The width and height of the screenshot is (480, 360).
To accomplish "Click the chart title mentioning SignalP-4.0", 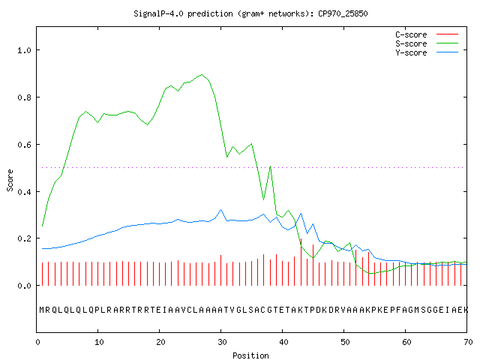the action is pos(250,13).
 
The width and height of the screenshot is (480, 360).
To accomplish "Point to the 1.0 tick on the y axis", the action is pos(24,50).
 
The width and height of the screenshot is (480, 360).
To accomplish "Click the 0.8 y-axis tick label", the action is pos(24,97).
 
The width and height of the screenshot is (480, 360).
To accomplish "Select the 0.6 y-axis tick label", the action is pos(24,145).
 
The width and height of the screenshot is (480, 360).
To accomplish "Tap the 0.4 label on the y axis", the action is pos(24,192).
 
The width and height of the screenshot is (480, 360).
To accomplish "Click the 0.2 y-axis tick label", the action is pos(24,238).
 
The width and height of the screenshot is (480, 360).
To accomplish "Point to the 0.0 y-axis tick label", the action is pos(24,286).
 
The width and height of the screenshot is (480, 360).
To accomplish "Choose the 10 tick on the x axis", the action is pos(99,342).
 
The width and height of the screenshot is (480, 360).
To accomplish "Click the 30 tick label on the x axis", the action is pos(222,342).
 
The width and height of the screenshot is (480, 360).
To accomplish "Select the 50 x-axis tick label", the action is pos(345,342).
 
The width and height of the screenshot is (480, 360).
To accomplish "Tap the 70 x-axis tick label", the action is pos(468,342).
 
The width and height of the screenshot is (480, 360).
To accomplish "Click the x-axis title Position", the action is pos(250,355).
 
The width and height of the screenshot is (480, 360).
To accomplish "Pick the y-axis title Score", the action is pos(10,180).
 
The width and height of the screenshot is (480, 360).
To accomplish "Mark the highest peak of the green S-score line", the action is pos(202,74).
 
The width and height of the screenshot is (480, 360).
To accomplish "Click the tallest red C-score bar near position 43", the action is pos(301,262).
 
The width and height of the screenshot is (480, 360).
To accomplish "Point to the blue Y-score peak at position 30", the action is pos(220,210).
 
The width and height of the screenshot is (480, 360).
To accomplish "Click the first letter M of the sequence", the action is pos(42,310).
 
